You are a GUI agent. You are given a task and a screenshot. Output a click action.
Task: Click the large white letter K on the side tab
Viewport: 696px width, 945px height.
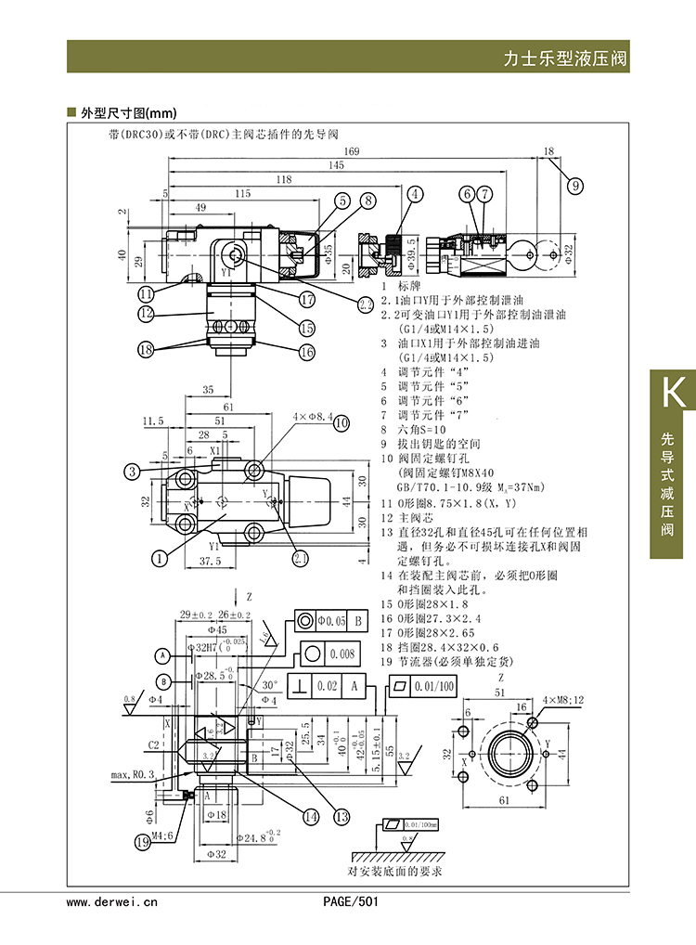pyautogui.click(x=672, y=393)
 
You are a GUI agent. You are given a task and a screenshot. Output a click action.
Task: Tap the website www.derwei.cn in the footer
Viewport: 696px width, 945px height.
pyautogui.click(x=112, y=901)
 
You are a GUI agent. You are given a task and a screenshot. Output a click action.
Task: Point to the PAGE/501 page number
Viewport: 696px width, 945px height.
pyautogui.click(x=350, y=901)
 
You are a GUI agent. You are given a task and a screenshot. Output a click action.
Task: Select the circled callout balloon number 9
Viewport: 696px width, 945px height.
pyautogui.click(x=575, y=185)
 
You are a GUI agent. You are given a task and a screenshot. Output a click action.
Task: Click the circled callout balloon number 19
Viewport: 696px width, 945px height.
pyautogui.click(x=142, y=842)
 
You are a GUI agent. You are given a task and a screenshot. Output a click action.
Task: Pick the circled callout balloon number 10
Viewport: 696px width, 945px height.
pyautogui.click(x=342, y=423)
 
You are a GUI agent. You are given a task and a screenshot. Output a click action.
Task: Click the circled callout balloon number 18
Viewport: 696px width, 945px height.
pyautogui.click(x=145, y=350)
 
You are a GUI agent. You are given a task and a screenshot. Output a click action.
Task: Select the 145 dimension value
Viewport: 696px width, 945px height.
pyautogui.click(x=336, y=165)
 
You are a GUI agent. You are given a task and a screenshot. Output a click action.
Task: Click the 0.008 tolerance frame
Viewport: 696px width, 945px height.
pyautogui.click(x=340, y=654)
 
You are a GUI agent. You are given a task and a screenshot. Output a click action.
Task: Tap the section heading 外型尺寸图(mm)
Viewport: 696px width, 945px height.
pyautogui.click(x=128, y=112)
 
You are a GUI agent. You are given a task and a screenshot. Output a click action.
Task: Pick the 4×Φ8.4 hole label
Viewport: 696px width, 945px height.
pyautogui.click(x=312, y=418)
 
